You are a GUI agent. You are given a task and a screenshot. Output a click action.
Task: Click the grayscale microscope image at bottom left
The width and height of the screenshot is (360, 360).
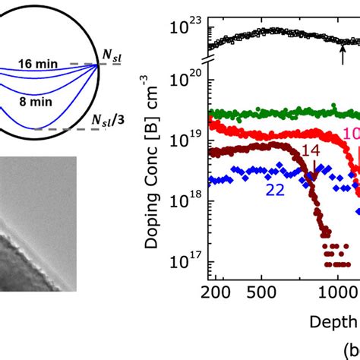38,224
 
